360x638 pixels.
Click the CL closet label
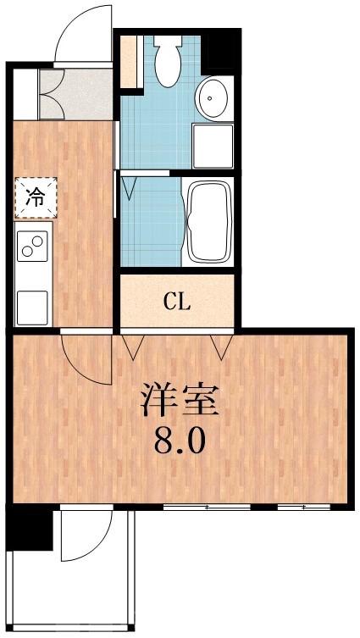(x=177, y=301)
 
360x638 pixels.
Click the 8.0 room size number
(x=179, y=441)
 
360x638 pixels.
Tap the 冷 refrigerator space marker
(x=35, y=197)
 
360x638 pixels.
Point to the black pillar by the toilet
(x=222, y=49)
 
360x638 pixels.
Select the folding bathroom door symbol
(x=128, y=186)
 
